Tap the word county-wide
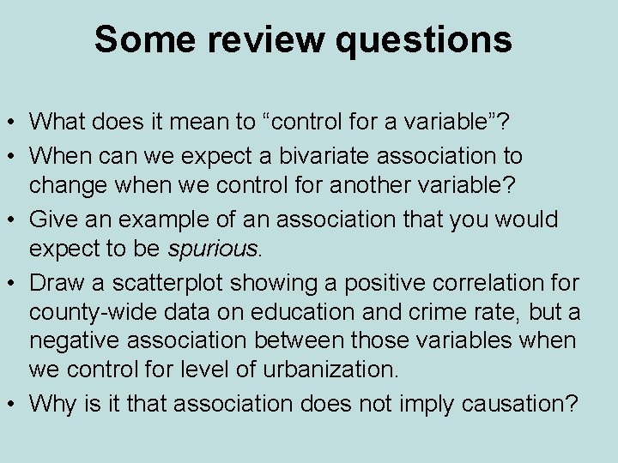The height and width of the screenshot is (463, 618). point(85,311)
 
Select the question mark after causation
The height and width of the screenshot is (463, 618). point(569,403)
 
